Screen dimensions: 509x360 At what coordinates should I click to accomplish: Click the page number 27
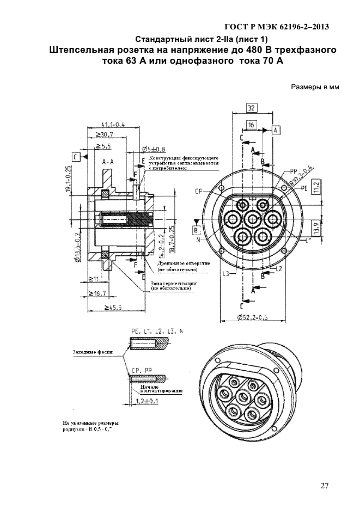(x=325, y=486)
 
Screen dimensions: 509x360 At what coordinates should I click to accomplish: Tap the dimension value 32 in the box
(x=252, y=108)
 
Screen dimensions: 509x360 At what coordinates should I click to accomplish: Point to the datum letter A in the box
(x=276, y=130)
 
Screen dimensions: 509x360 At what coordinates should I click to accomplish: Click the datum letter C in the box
(x=76, y=156)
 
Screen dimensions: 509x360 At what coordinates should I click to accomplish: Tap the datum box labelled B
(x=195, y=230)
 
